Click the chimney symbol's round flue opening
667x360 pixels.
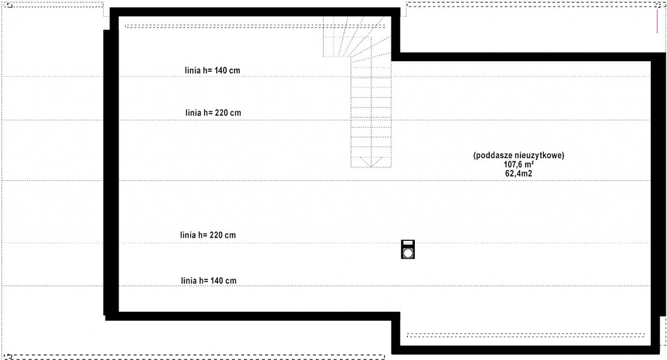click(408, 253)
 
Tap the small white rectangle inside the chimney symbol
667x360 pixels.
click(408, 243)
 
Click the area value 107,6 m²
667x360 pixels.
click(519, 165)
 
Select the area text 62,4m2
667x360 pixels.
click(518, 173)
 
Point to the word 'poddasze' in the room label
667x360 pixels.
click(494, 156)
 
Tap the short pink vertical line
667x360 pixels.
click(657, 21)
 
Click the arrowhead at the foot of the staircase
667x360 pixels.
click(371, 161)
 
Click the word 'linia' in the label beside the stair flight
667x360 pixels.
click(193, 113)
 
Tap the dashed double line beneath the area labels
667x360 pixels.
click(526, 335)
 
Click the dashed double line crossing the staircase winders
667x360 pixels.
click(255, 26)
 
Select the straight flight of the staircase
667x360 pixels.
click(371, 112)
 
